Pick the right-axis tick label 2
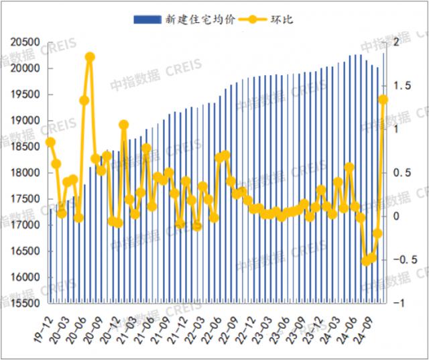[x=397, y=42]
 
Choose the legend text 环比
[x=282, y=19]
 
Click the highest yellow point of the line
[x=90, y=57]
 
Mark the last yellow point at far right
[x=383, y=100]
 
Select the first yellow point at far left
[x=50, y=142]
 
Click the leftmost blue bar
[x=50, y=255]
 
